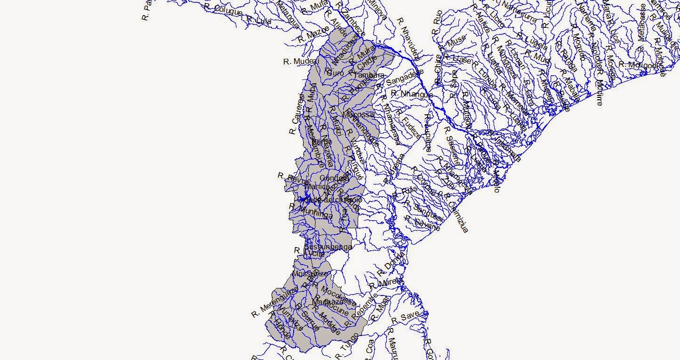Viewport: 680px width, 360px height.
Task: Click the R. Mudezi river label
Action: click(301, 62)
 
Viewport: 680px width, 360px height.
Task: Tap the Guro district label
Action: click(335, 73)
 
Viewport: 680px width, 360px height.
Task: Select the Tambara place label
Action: click(369, 75)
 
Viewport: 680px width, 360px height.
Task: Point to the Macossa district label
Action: click(359, 114)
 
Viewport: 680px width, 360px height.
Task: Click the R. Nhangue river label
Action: click(412, 94)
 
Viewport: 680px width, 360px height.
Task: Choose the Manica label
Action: click(317, 187)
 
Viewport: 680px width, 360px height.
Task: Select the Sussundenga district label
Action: click(328, 247)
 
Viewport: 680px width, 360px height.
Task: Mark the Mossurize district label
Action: click(310, 273)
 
